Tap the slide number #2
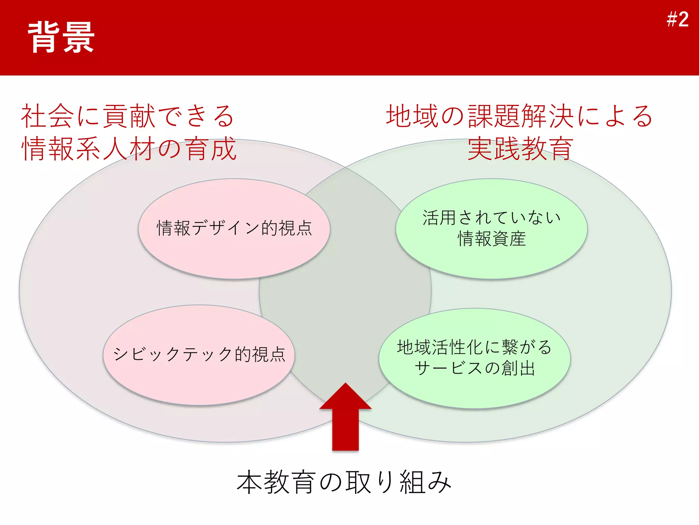tap(677, 19)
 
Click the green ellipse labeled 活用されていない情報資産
tap(491, 260)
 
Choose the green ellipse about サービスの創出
tap(474, 390)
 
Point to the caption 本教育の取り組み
tap(344, 482)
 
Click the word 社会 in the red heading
tap(47, 116)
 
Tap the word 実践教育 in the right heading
tap(520, 149)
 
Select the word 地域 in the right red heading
tap(412, 116)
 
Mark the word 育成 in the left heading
tap(211, 149)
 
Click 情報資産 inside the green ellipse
tap(491, 239)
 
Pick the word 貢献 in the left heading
tap(129, 116)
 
